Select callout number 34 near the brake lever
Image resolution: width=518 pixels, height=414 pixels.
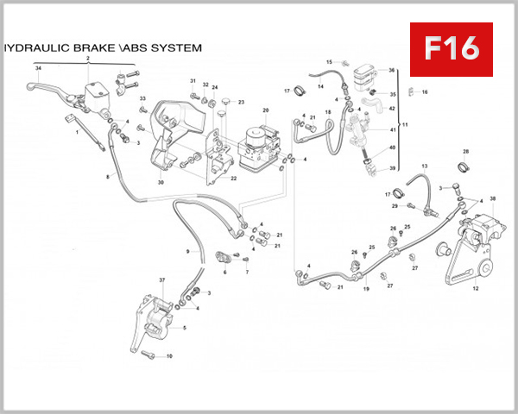tap(38, 67)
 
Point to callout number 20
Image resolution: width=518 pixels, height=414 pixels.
tap(266, 110)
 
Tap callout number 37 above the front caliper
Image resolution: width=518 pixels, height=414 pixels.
tap(161, 281)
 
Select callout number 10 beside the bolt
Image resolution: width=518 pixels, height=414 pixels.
tap(169, 356)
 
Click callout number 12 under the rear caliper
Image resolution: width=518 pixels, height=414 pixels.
tap(475, 290)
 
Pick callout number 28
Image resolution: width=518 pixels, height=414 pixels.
tap(465, 151)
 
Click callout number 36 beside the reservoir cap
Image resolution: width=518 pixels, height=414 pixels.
tap(391, 71)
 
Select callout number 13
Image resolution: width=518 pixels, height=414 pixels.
tap(425, 165)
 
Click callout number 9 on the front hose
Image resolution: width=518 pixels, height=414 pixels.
tap(186, 251)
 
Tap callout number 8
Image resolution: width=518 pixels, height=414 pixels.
tap(108, 177)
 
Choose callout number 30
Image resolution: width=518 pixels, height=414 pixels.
tap(161, 183)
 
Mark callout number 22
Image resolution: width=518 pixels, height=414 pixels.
tap(233, 179)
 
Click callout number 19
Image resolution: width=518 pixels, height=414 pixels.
tap(366, 289)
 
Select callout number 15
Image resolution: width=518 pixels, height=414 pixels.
tap(329, 62)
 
